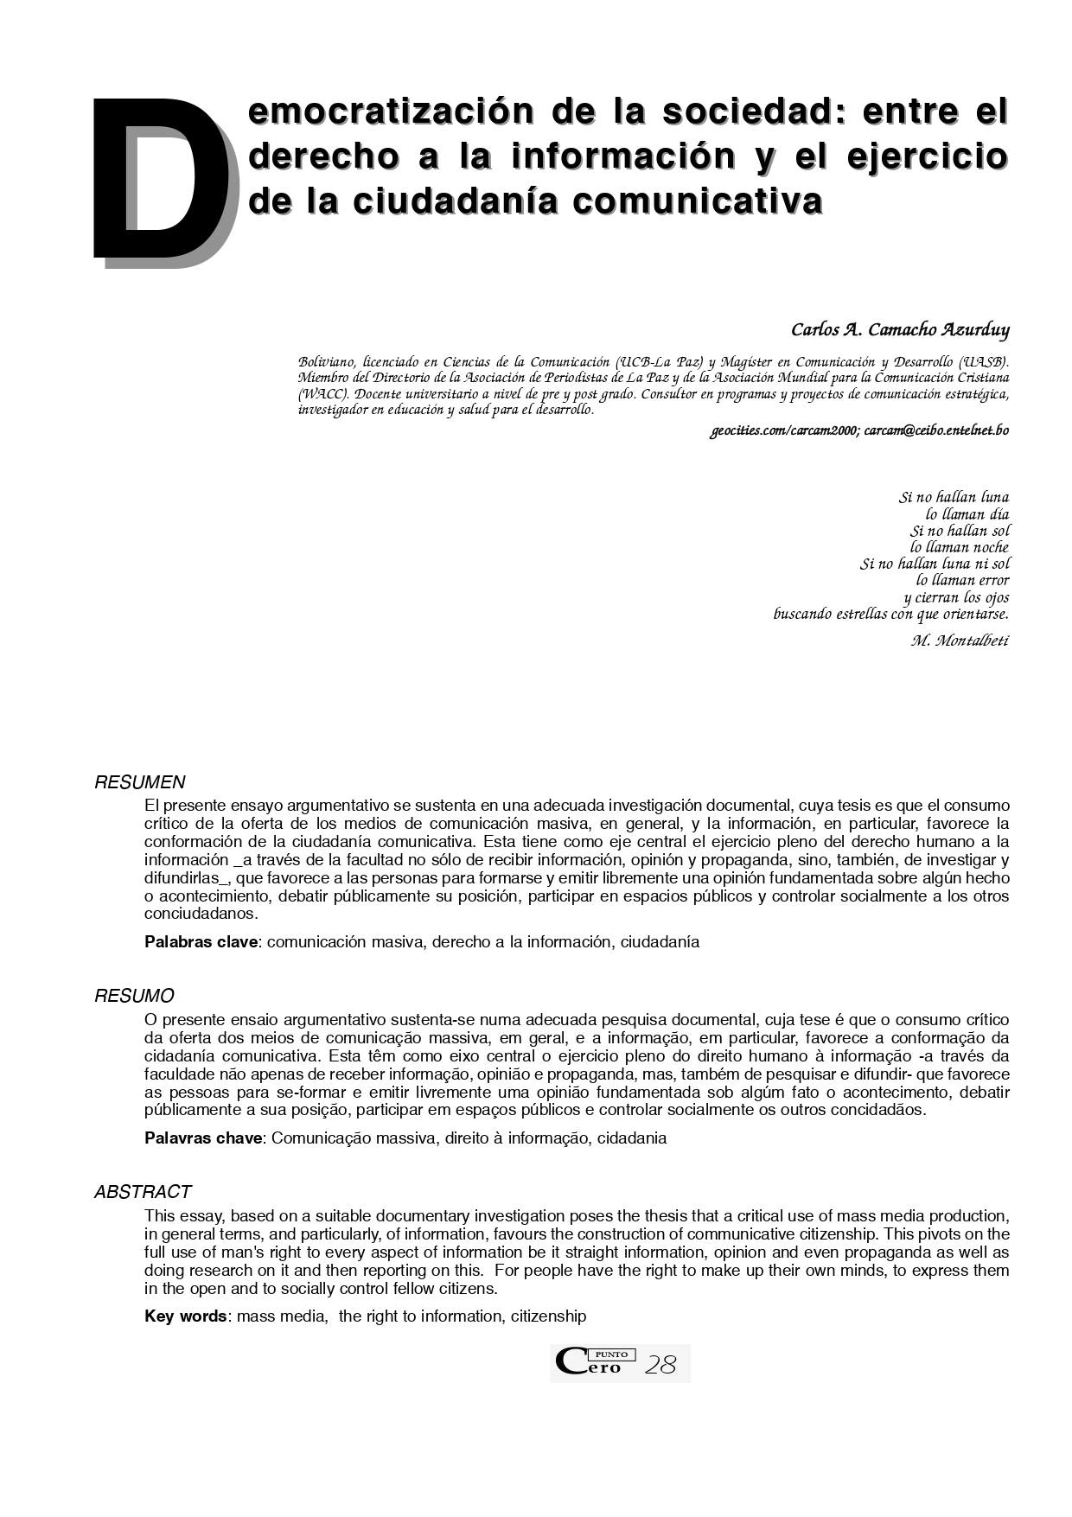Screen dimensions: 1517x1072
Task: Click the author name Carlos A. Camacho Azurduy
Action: click(900, 330)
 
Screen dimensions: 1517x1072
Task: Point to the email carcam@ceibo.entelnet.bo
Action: click(936, 430)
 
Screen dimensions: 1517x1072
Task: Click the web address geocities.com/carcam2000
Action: click(783, 430)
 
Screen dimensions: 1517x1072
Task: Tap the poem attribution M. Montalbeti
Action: click(960, 641)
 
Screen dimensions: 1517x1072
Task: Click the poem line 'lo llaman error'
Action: click(962, 580)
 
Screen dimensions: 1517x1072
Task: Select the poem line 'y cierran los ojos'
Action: click(956, 597)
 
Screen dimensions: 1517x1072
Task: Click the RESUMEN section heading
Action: click(140, 782)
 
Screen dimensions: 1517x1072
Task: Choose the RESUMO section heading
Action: click(134, 996)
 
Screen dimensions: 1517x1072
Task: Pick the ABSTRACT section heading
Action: click(143, 1192)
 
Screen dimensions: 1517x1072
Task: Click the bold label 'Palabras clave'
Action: click(201, 942)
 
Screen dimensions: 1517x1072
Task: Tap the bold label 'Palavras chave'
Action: click(202, 1138)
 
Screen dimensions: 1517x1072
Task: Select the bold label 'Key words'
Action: click(185, 1316)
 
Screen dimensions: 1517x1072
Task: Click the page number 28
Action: click(661, 1365)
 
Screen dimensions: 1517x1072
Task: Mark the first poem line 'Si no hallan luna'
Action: click(954, 497)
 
